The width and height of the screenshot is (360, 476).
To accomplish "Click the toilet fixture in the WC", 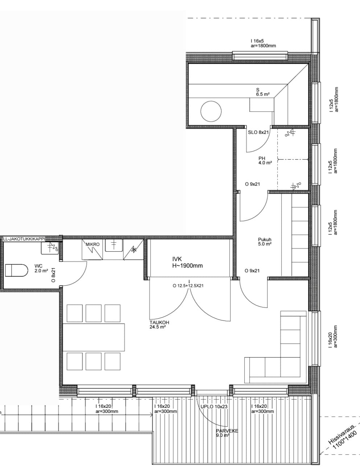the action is tap(17, 270).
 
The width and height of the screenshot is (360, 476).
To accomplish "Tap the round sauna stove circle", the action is tap(211, 111).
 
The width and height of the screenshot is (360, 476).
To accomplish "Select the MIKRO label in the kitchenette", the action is tap(93, 244).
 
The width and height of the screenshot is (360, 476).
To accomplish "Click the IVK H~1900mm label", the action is tap(188, 262).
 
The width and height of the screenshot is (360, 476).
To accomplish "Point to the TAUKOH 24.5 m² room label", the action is tap(159, 324).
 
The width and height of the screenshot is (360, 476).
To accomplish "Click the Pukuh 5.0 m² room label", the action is tap(265, 242).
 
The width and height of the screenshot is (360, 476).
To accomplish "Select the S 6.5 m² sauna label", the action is tap(263, 92).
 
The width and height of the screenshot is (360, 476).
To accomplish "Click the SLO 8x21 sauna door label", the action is tap(259, 132).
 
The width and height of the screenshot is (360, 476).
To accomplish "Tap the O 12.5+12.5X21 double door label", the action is tap(188, 286).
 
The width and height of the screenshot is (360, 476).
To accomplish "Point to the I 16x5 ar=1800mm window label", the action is tap(263, 44).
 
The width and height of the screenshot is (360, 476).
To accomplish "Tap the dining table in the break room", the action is tap(94, 337).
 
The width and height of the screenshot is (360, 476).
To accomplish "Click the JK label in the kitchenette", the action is tap(134, 250).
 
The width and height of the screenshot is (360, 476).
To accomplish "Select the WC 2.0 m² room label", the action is tap(41, 268).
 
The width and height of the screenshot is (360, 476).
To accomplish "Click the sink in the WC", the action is tap(50, 248).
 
